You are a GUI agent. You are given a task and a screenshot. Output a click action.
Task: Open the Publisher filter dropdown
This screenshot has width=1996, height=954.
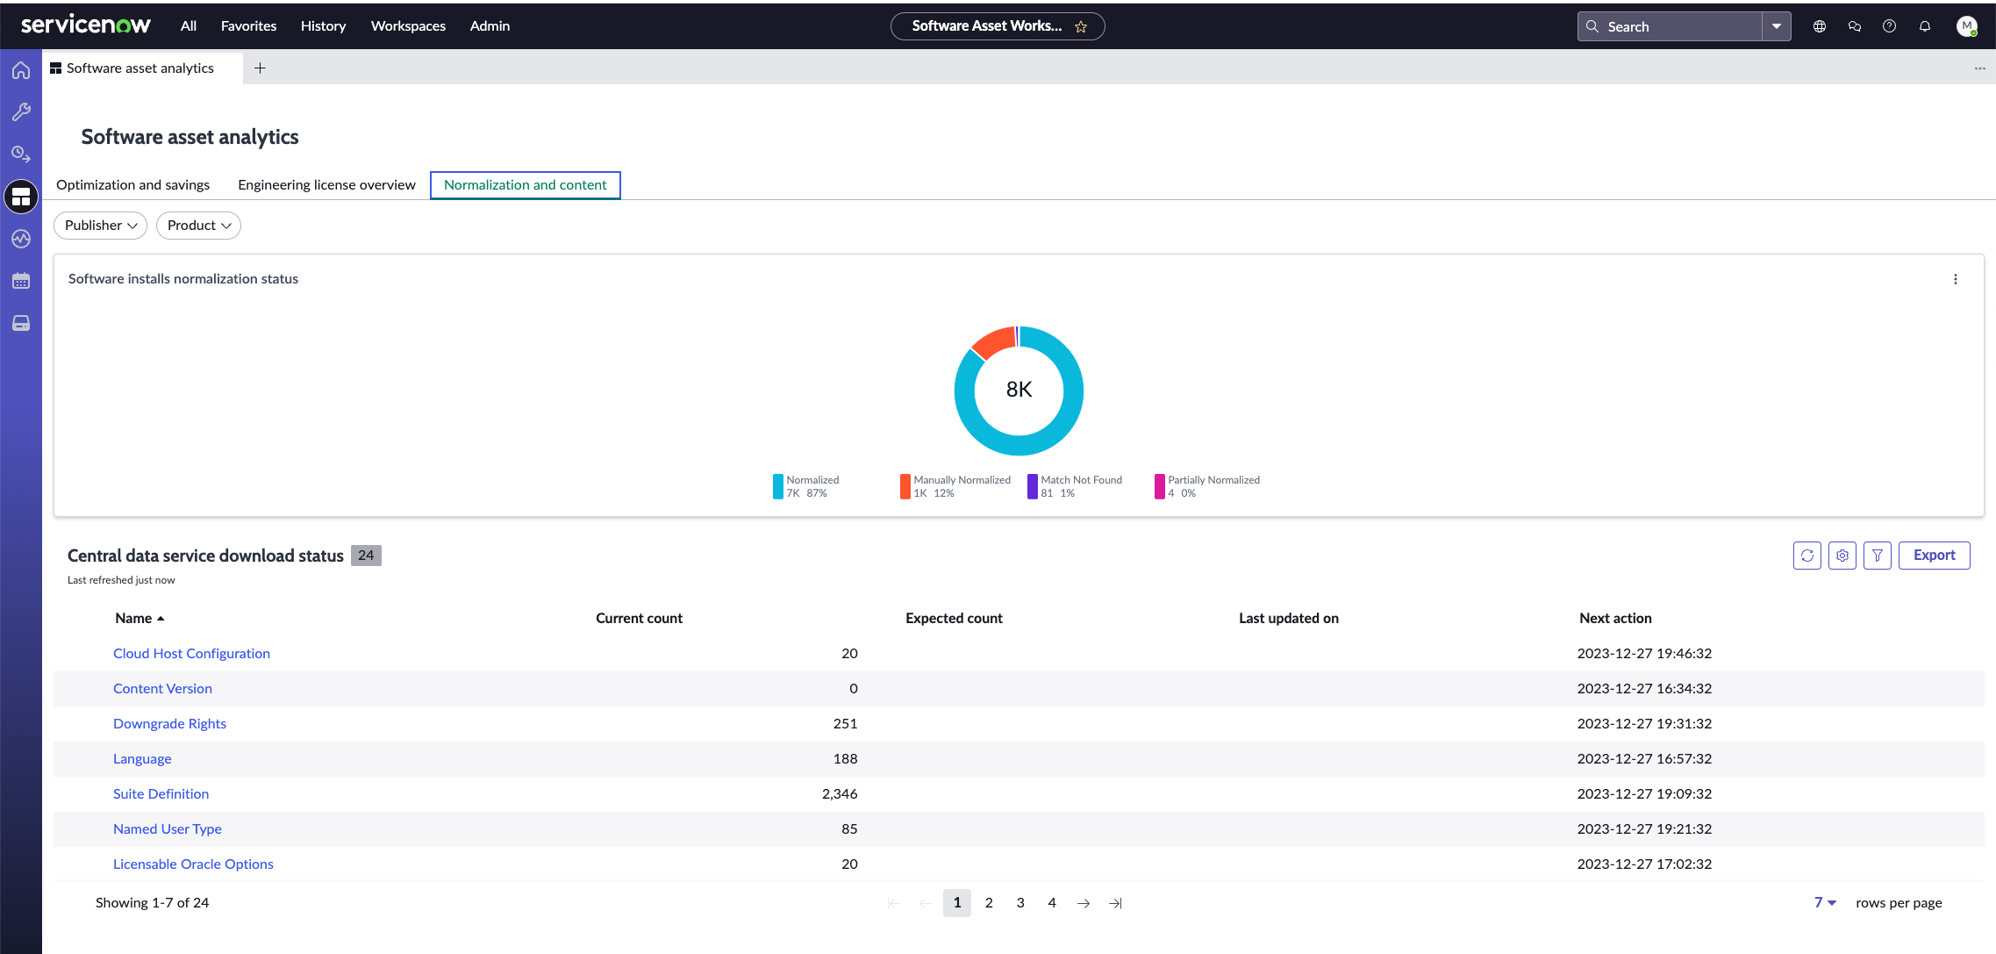pos(100,226)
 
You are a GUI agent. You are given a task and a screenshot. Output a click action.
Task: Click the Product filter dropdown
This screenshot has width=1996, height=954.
pos(198,226)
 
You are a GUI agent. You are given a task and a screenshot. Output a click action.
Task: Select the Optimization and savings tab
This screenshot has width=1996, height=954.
pos(132,185)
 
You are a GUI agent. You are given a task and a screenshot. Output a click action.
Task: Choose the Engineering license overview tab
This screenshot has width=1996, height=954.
pos(326,185)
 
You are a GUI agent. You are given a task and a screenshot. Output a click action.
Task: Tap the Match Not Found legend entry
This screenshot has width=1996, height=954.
pos(1075,486)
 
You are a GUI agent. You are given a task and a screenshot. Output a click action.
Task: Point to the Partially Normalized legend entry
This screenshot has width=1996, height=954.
pos(1207,486)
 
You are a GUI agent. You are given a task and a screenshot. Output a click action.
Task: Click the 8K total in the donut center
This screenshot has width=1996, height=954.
pos(1019,390)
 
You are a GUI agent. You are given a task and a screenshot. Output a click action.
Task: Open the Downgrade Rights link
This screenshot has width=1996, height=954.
pos(169,724)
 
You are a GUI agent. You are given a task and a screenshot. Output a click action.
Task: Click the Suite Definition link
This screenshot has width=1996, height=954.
pos(161,794)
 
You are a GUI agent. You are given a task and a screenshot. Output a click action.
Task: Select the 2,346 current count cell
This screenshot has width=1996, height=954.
pos(840,794)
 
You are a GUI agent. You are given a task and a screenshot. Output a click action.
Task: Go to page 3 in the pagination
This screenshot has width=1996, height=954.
pos(1020,903)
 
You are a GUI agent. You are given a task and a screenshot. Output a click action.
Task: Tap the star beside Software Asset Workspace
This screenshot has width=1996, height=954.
pos(1081,27)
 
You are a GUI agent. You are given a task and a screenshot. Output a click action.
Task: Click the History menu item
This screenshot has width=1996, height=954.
pos(323,26)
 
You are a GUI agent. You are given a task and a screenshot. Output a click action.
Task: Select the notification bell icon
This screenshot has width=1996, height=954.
pos(1925,26)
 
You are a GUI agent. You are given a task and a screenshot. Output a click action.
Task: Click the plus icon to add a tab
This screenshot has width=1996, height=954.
pos(260,68)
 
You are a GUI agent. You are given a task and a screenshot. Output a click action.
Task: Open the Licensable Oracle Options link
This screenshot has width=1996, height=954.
pos(193,864)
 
